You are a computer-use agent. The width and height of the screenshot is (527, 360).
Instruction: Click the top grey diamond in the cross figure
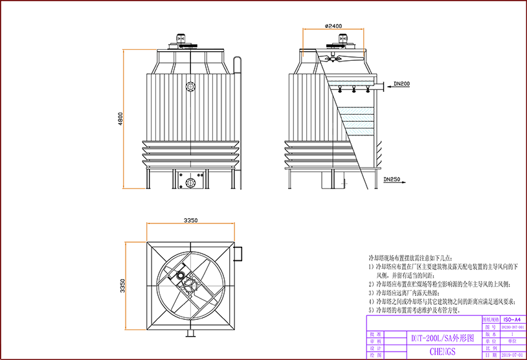tap(191, 263)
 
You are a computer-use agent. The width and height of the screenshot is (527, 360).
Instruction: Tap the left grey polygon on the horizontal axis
tap(168, 287)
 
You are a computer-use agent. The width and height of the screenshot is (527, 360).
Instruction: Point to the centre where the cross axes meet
tap(191, 286)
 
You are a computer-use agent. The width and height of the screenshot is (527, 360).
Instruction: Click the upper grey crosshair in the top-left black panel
tap(190, 86)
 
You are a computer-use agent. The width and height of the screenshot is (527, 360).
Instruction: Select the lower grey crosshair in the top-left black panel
tap(190, 183)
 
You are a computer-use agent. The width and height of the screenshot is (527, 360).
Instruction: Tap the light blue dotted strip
tap(352, 83)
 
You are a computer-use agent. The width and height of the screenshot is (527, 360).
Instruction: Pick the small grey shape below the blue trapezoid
tap(348, 184)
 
